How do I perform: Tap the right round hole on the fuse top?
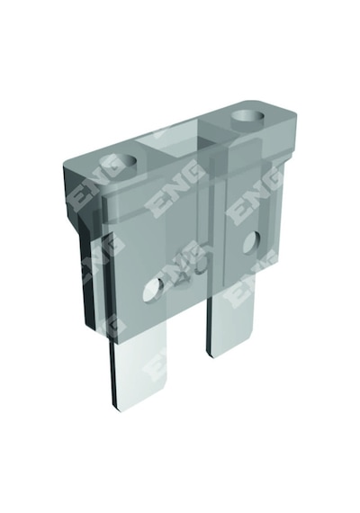pyautogui.click(x=247, y=116)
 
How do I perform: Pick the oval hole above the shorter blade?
pyautogui.click(x=253, y=242)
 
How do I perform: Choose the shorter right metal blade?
pyautogui.click(x=230, y=324)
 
